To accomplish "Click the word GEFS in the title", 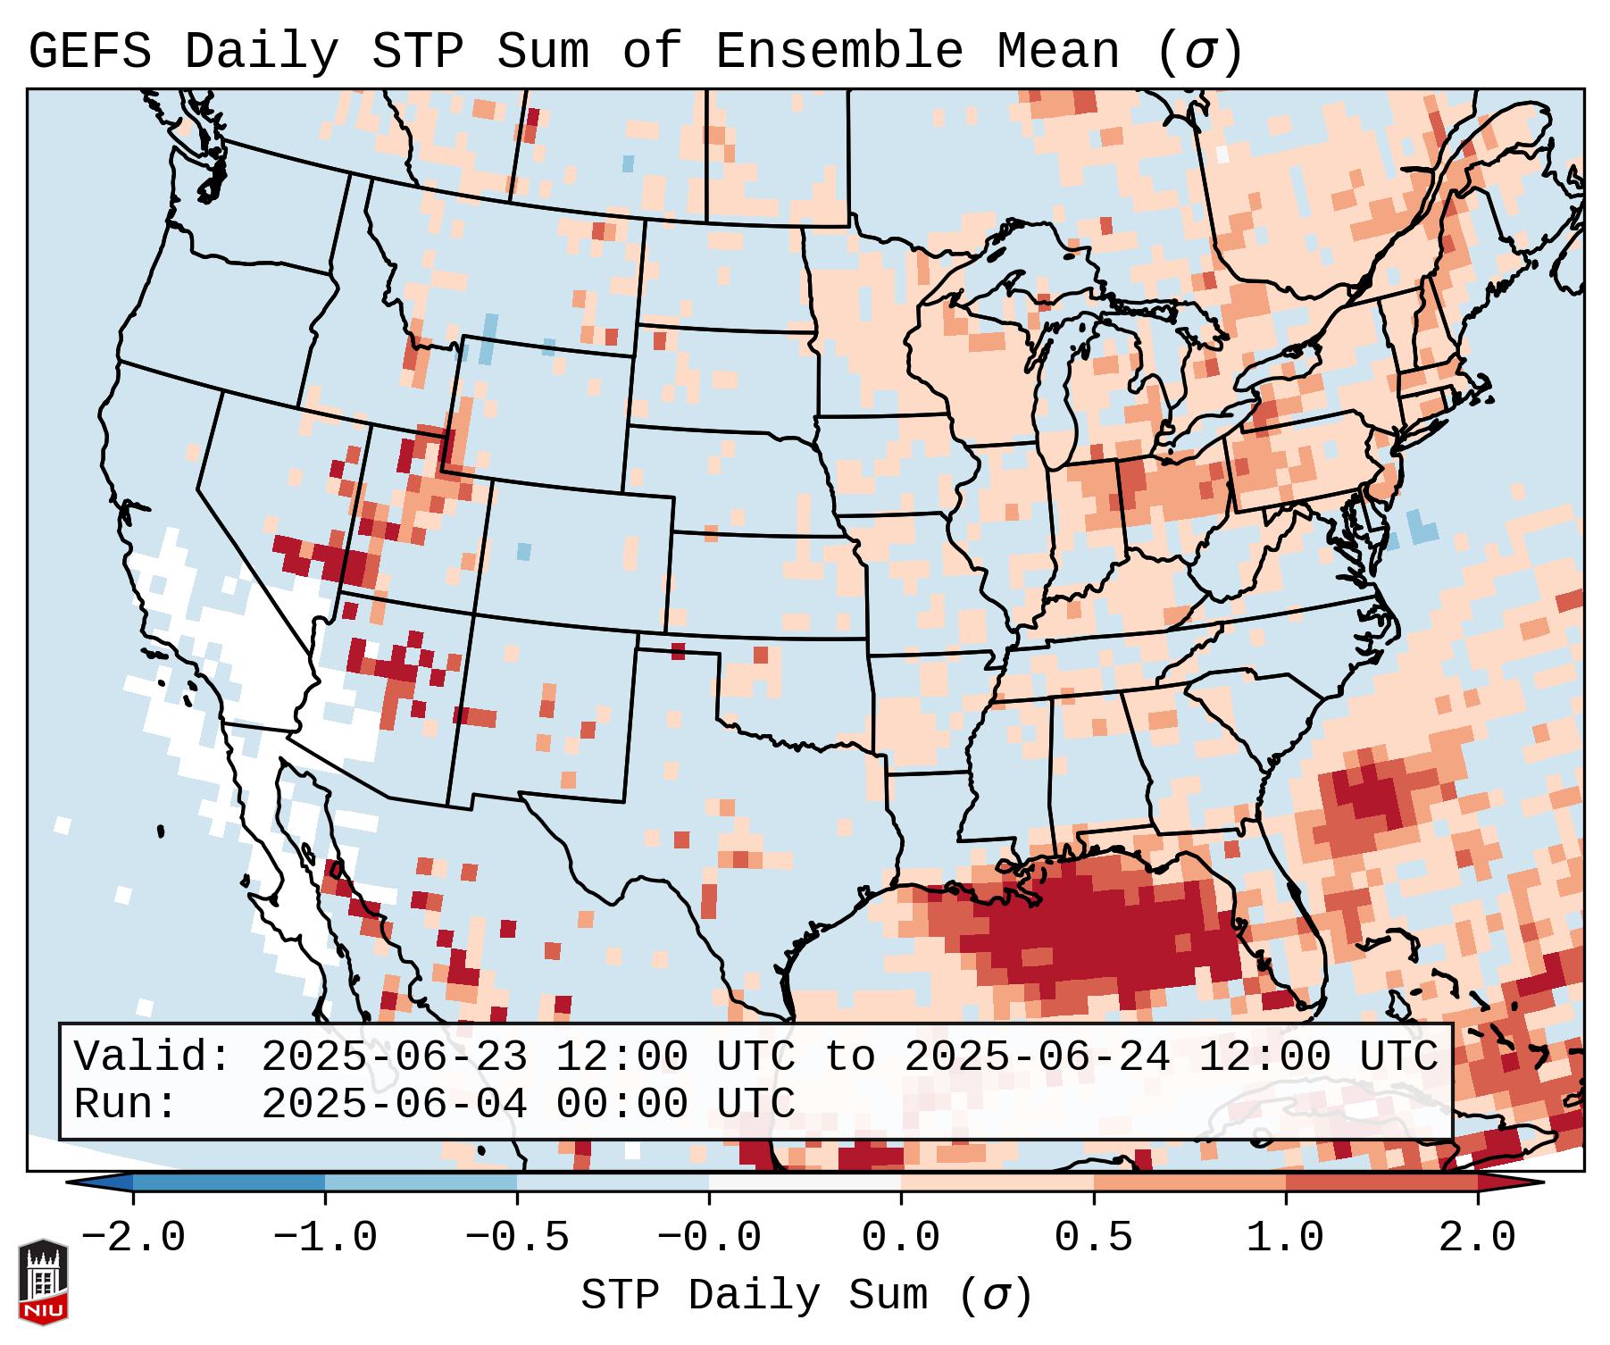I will pyautogui.click(x=89, y=51).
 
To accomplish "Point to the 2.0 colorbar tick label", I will pyautogui.click(x=1477, y=1238).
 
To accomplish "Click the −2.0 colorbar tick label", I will pyautogui.click(x=133, y=1238).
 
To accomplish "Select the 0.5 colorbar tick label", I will pyautogui.click(x=1093, y=1238).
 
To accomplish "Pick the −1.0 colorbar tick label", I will pyautogui.click(x=325, y=1238).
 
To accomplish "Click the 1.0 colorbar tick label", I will pyautogui.click(x=1285, y=1238).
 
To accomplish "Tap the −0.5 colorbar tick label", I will pyautogui.click(x=517, y=1238).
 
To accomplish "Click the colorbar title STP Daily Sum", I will pyautogui.click(x=755, y=1295).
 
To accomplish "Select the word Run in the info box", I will pyautogui.click(x=113, y=1104).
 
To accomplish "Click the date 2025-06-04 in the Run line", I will pyautogui.click(x=394, y=1104).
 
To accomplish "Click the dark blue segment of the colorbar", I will pyautogui.click(x=229, y=1182).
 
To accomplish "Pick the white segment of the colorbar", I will pyautogui.click(x=805, y=1182).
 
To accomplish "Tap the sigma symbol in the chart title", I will pyautogui.click(x=1199, y=51).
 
